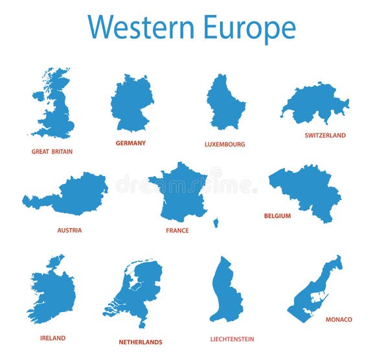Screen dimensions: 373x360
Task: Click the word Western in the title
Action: pos(141,27)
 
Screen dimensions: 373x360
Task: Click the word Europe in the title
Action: pos(249,28)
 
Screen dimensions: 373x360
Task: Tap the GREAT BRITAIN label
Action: pos(52,152)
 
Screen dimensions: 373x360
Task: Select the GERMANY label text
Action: pos(131,143)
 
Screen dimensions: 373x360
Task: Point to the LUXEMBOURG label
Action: pos(225,144)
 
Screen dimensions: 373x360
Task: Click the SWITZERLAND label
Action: pos(325,135)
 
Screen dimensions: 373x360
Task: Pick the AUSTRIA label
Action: pos(69,230)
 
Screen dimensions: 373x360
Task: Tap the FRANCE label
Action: pos(177,231)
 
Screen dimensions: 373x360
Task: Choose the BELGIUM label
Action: pos(277,216)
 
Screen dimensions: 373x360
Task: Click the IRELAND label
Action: pos(52,338)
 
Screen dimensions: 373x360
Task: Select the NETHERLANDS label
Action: pos(141,342)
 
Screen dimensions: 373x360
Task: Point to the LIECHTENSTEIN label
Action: pos(232,339)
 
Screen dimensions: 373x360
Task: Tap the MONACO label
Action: pos(339,319)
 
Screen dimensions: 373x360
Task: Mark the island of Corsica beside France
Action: pos(216,222)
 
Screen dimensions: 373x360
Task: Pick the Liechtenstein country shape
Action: pos(225,291)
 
